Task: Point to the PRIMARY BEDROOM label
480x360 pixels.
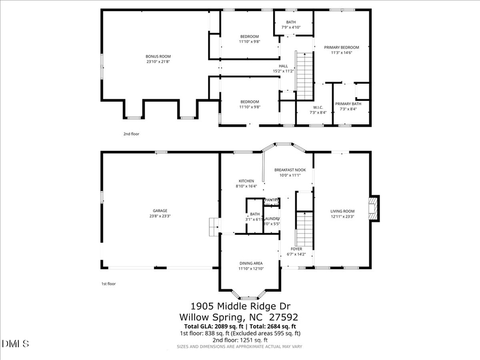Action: [341, 47]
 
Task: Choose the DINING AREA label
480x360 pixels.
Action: [250, 263]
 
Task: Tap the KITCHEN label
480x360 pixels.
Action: [246, 181]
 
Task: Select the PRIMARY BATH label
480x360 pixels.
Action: [348, 103]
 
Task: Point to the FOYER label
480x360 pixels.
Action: [297, 249]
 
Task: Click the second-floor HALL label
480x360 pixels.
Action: [283, 66]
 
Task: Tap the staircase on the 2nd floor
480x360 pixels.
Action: [304, 75]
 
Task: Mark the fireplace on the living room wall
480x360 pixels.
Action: [375, 209]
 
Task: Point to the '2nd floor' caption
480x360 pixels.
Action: [131, 134]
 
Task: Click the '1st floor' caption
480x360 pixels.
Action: [108, 284]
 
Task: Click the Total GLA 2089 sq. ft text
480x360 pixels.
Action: [212, 326]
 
